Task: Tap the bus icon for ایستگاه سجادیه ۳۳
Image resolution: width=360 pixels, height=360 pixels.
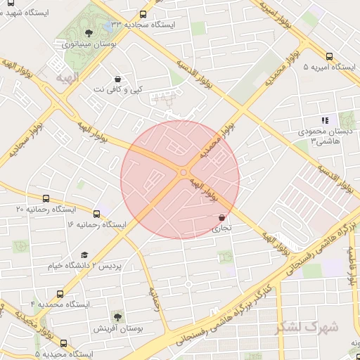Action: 143,13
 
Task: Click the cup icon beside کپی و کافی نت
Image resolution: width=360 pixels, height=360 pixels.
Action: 117,79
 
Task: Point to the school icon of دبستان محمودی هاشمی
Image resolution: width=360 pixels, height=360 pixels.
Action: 324,120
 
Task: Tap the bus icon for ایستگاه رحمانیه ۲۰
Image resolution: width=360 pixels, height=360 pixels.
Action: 46,198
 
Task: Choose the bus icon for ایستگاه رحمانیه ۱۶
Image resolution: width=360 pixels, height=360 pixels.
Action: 96,213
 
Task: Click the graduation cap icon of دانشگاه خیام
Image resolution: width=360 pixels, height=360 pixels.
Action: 84,255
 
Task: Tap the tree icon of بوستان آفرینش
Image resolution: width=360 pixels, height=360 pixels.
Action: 117,317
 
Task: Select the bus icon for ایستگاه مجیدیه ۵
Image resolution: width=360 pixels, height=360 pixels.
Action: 64,343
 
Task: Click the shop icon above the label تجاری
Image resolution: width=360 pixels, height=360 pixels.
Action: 222,217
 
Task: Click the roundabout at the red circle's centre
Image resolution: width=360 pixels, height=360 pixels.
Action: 183,172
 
